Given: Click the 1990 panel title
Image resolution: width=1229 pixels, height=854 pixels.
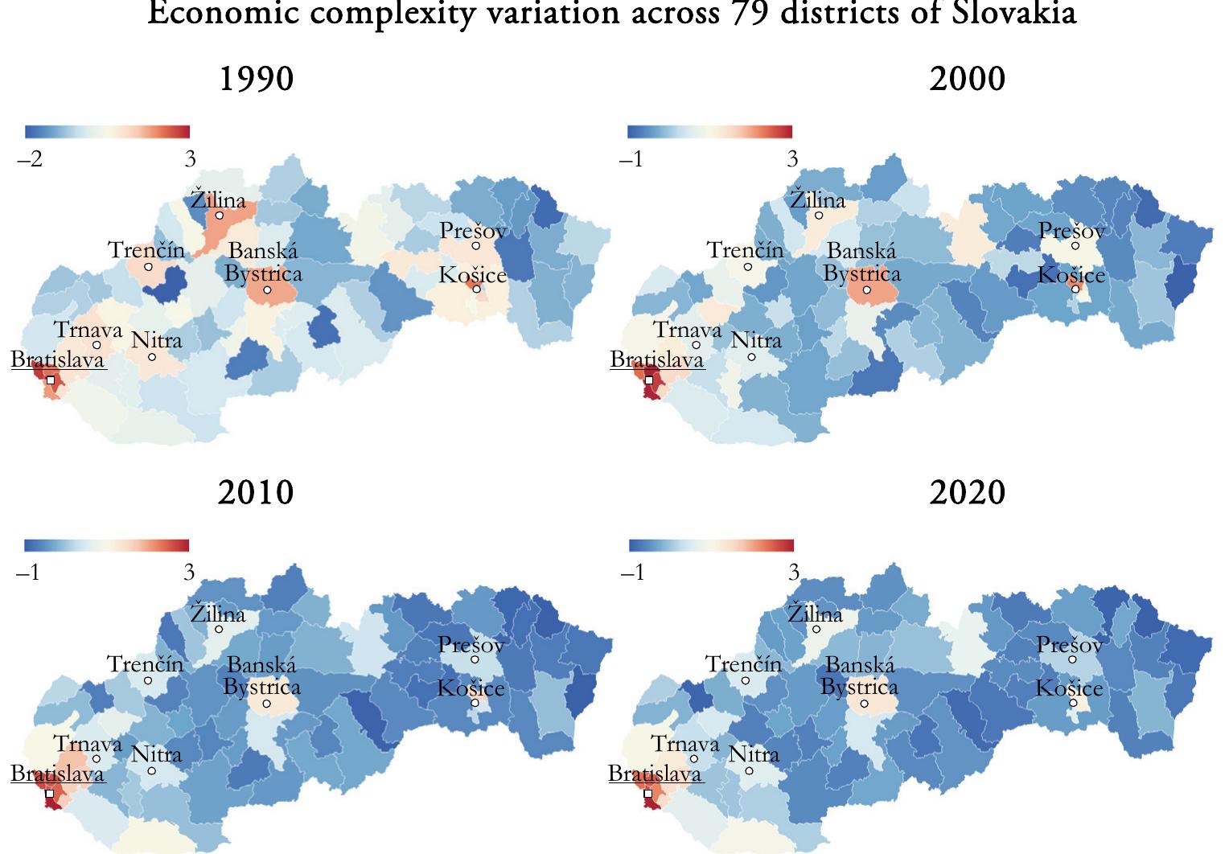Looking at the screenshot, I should [257, 80].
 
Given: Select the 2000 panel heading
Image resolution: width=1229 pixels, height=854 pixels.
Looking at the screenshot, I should [967, 80].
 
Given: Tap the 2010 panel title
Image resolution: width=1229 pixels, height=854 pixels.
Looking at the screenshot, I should [256, 492].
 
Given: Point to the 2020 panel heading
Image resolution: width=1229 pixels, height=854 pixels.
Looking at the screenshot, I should [967, 492].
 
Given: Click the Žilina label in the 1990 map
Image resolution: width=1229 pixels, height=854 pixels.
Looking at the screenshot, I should [218, 199].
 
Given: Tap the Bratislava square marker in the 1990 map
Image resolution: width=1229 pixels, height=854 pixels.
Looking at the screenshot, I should [51, 380].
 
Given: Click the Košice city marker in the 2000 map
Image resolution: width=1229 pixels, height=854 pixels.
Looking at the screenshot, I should [1075, 289].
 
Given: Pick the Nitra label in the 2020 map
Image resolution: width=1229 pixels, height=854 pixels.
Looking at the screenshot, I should [754, 754].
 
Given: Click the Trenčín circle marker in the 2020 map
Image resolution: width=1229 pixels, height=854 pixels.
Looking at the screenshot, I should [746, 680].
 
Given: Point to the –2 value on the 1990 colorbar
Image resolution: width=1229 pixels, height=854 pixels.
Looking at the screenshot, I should [30, 159].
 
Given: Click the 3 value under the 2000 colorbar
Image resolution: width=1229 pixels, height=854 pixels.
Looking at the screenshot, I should [791, 159].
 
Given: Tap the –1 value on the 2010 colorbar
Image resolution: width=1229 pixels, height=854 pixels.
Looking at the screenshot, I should [30, 573].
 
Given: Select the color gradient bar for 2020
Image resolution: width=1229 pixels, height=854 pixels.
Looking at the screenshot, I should [710, 545].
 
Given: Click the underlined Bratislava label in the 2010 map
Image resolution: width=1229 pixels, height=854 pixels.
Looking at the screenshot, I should [57, 774].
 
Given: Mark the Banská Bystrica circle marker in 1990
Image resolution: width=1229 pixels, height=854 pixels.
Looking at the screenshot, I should [267, 289].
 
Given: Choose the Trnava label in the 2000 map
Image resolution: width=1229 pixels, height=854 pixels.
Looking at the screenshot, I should [687, 330].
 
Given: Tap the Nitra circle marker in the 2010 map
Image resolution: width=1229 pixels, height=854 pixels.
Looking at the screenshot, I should [152, 771].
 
